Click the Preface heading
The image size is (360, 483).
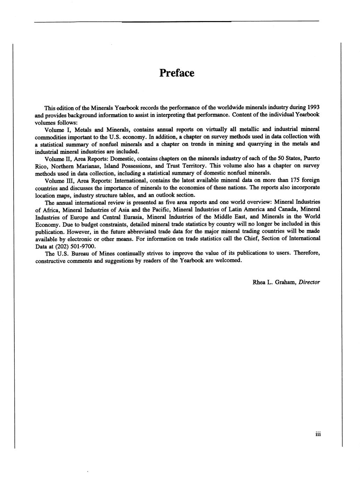point(177,73)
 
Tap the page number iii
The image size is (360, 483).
point(318,434)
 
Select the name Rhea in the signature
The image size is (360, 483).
point(259,282)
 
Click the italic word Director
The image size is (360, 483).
point(309,282)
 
